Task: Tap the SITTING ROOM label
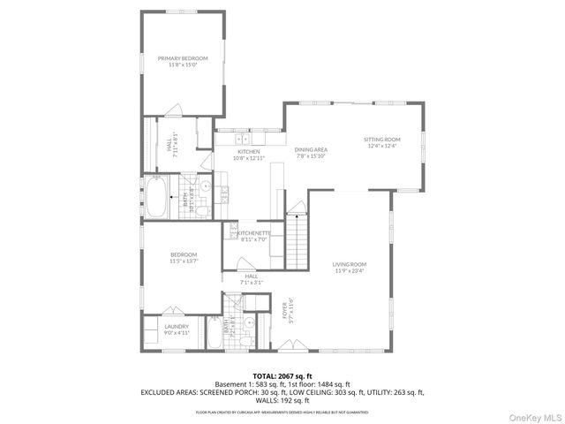pyautogui.click(x=381, y=140)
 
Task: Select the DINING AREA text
pyautogui.click(x=311, y=150)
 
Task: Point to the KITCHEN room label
pyautogui.click(x=248, y=152)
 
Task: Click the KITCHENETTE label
pyautogui.click(x=254, y=233)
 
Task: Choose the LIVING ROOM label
pyautogui.click(x=350, y=264)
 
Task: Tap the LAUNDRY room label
pyautogui.click(x=177, y=326)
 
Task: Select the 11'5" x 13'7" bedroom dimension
pyautogui.click(x=184, y=261)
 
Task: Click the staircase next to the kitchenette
pyautogui.click(x=297, y=238)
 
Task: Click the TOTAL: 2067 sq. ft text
pyautogui.click(x=282, y=375)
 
